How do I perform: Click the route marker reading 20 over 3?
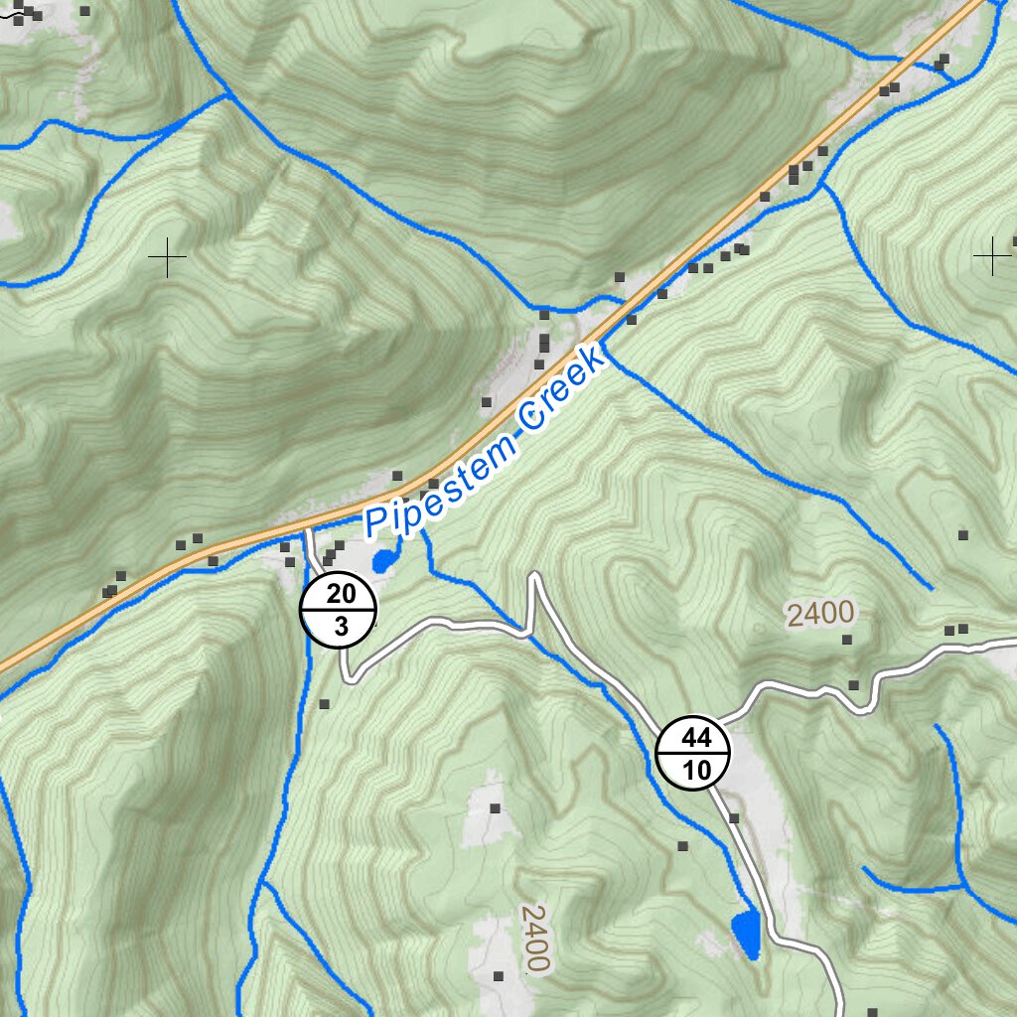pyautogui.click(x=339, y=610)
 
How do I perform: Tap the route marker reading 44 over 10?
pyautogui.click(x=693, y=753)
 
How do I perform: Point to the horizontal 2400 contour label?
pyautogui.click(x=820, y=614)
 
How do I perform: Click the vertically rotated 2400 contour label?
pyautogui.click(x=534, y=939)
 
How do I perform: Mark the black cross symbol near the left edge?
pyautogui.click(x=167, y=258)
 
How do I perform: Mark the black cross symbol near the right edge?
pyautogui.click(x=992, y=256)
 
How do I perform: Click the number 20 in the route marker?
pyautogui.click(x=340, y=595)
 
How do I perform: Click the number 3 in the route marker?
pyautogui.click(x=341, y=627)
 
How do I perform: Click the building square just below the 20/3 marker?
pyautogui.click(x=324, y=704)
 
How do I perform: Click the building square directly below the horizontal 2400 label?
pyautogui.click(x=847, y=641)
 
